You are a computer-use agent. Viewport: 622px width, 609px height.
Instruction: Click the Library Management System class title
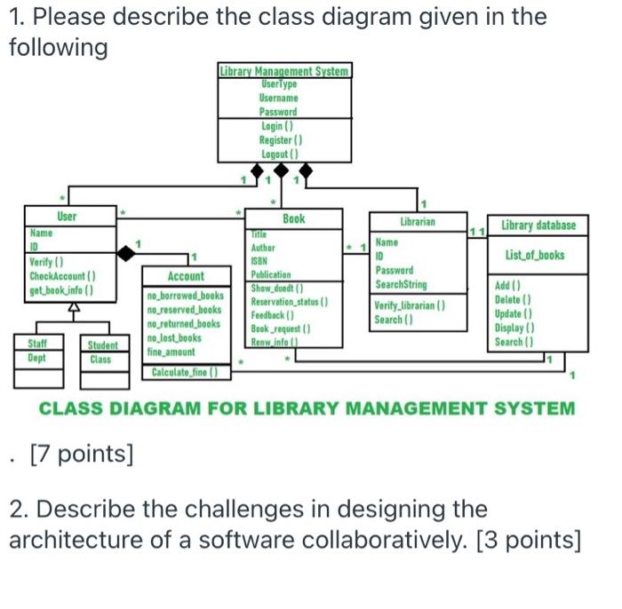coord(284,70)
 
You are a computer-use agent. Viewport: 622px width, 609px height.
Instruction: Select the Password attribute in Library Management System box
coord(279,112)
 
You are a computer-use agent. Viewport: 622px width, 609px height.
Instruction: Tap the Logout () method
coord(279,154)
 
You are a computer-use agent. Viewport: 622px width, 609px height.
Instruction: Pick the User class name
coord(67,217)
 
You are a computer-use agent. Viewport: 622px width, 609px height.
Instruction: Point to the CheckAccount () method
coord(62,276)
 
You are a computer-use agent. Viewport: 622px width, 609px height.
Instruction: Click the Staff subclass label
coord(37,343)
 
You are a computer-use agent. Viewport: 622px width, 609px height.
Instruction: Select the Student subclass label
coord(102,345)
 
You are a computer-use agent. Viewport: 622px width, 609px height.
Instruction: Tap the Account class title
coord(186,277)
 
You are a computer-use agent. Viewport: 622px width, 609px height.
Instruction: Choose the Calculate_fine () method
coord(185,372)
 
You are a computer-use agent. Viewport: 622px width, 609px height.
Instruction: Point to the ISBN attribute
coord(261,262)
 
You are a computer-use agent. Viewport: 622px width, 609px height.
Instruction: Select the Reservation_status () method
coord(290,302)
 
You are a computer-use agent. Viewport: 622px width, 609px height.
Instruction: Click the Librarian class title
coord(417,220)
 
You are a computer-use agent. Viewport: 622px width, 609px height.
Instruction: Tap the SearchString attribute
coord(401,284)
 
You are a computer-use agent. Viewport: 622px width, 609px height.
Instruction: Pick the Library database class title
coord(538,225)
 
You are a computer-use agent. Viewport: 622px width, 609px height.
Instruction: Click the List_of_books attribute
coord(535,256)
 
